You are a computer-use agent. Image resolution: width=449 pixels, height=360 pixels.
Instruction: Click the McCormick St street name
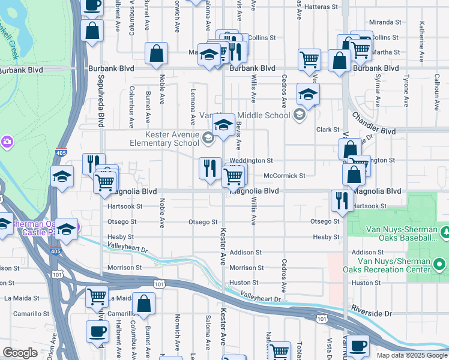[x=285, y=176]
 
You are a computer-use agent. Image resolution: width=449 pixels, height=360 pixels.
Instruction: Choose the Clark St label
[x=328, y=129]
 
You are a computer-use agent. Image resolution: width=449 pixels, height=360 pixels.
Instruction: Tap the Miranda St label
[x=385, y=22]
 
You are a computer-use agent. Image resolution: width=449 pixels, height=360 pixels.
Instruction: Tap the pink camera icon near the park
[x=7, y=142]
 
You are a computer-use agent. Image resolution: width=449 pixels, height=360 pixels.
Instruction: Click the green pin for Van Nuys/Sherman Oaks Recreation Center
[x=440, y=264]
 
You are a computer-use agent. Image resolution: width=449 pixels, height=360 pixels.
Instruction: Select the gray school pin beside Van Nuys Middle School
[x=299, y=115]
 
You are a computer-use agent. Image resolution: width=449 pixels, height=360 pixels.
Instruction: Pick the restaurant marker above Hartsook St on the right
[x=342, y=201]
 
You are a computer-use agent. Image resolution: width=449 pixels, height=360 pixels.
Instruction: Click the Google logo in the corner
[x=20, y=353]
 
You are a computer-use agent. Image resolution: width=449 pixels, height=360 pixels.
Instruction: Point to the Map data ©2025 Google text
[x=412, y=355]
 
